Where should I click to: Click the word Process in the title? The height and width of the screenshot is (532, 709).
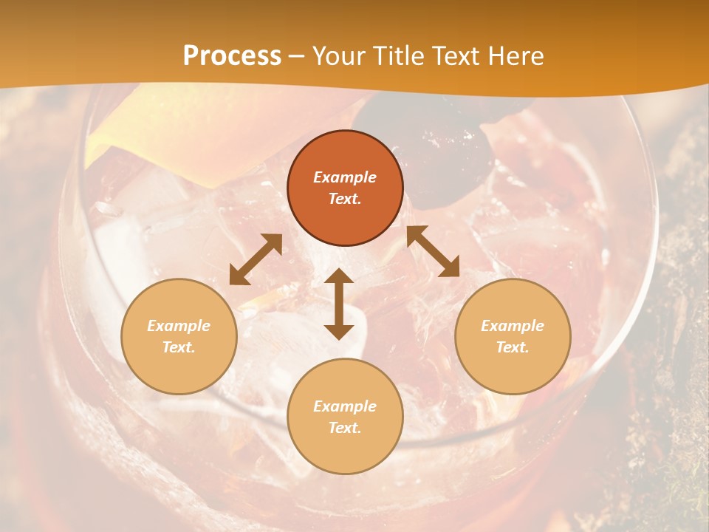point(232,56)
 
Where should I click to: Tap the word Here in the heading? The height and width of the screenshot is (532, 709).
point(514,56)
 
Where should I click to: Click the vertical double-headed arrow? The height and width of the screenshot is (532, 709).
point(339,304)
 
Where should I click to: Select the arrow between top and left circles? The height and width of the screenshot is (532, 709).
point(256,259)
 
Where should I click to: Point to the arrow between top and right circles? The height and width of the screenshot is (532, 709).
point(433,251)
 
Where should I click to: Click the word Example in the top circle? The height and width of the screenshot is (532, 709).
point(345,177)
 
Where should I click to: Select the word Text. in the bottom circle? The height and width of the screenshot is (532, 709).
point(345,428)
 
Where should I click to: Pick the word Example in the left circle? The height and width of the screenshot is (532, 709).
point(179,326)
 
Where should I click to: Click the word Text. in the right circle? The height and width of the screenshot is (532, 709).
point(513,347)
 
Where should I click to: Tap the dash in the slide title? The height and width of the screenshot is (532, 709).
point(297,56)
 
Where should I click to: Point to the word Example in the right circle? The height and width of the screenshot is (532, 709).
point(513,326)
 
